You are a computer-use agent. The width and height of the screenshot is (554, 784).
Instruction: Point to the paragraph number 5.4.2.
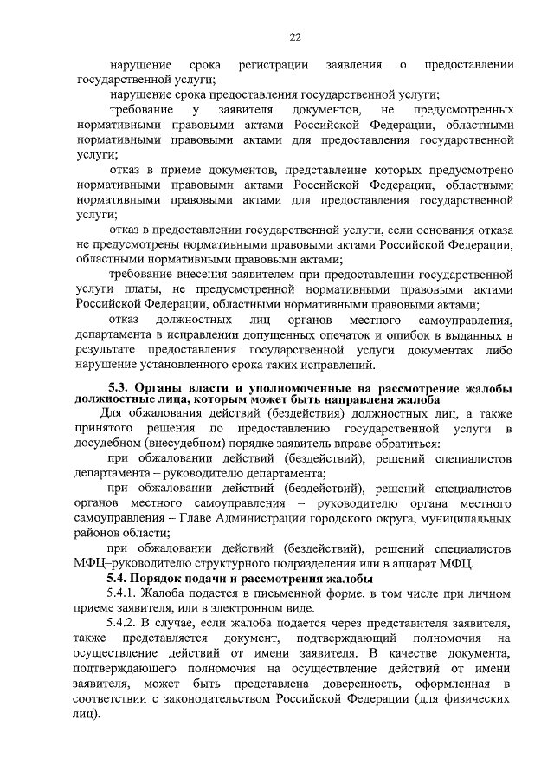tap(124, 623)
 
